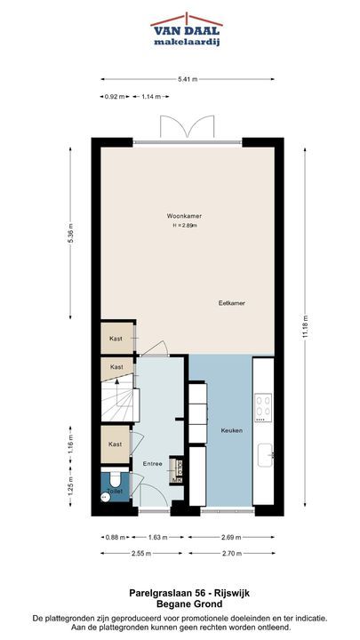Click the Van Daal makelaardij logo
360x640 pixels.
[186, 29]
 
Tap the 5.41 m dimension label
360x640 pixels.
[188, 79]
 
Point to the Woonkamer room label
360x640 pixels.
[184, 216]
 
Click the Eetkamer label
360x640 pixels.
[231, 303]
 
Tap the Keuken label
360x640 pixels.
[232, 430]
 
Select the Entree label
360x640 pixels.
[152, 464]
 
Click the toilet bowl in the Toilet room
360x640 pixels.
[114, 477]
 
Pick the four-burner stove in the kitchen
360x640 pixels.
[263, 408]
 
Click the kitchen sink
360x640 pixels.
[266, 455]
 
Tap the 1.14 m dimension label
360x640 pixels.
[150, 97]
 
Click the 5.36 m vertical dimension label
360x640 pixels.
[70, 234]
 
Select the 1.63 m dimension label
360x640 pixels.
[157, 537]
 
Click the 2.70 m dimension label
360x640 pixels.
[232, 554]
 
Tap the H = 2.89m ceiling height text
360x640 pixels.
[185, 225]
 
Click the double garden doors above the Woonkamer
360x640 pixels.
[187, 126]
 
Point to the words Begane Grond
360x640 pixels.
[189, 604]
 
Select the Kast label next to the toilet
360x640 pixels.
[115, 444]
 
